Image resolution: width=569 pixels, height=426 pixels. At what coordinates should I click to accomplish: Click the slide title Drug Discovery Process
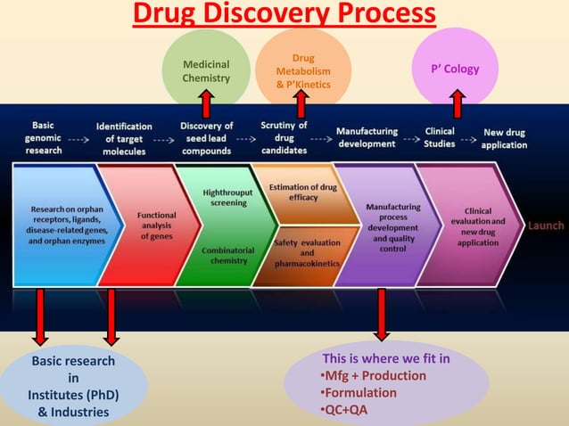click(x=284, y=14)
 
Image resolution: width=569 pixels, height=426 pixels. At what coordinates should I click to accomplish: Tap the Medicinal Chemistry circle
click(x=206, y=71)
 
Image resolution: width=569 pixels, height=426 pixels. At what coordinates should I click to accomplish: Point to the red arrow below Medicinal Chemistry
click(x=206, y=103)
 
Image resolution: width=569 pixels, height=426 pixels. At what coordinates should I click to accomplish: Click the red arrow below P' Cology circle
click(x=458, y=103)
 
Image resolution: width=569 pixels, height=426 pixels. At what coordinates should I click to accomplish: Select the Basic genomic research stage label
click(x=44, y=138)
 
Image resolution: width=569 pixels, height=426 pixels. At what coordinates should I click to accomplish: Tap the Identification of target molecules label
click(x=124, y=138)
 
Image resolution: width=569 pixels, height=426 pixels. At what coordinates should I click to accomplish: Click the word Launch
click(x=545, y=225)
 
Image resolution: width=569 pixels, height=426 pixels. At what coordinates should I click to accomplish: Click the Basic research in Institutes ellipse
click(x=73, y=387)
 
